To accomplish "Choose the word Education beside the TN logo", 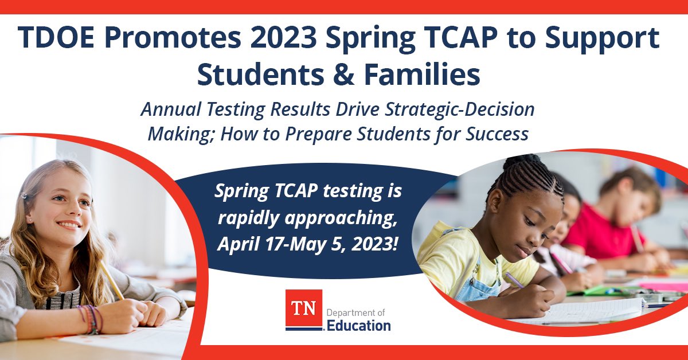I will (359, 326).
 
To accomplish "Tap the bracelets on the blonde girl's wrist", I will (92, 319).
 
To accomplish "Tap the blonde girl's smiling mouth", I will (69, 225).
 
